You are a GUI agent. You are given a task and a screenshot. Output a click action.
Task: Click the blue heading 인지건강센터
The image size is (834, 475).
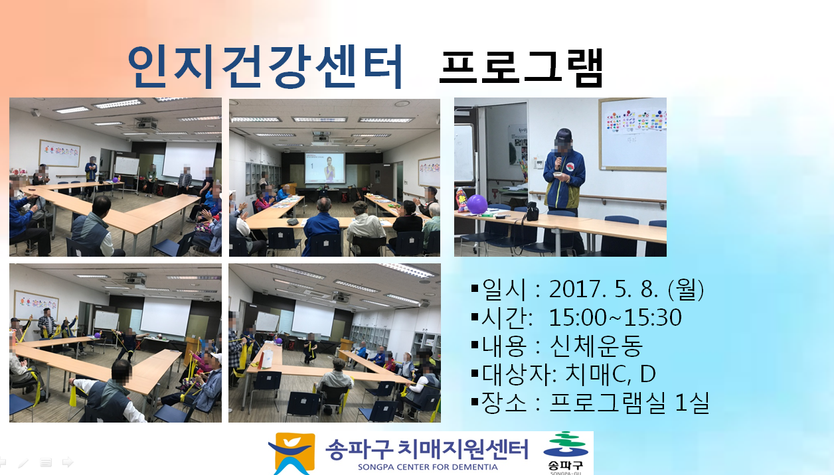(x=265, y=67)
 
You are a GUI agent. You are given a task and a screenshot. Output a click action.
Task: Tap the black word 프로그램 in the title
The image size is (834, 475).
(x=521, y=68)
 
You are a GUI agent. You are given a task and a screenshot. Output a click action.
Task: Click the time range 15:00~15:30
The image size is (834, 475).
(x=615, y=317)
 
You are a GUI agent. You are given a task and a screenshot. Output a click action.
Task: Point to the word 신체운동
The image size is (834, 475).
(x=596, y=346)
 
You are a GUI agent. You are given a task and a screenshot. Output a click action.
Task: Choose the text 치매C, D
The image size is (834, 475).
(x=610, y=373)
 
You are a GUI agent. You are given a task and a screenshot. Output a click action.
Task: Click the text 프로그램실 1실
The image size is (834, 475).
(x=629, y=402)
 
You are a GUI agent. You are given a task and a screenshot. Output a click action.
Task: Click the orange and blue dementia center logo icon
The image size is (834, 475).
(x=292, y=453)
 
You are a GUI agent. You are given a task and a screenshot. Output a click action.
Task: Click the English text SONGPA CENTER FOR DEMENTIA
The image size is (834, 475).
(x=428, y=467)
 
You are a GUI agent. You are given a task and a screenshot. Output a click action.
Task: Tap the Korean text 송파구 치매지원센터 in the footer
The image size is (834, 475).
(x=427, y=449)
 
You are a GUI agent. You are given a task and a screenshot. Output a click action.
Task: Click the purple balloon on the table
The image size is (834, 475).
(x=477, y=204)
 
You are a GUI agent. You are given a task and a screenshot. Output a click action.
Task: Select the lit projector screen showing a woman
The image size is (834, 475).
(x=325, y=168)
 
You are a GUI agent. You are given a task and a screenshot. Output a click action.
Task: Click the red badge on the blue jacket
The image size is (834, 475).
(x=570, y=167)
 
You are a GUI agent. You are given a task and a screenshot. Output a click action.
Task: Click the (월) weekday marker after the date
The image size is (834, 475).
(x=686, y=289)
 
